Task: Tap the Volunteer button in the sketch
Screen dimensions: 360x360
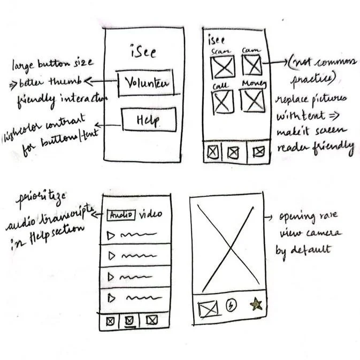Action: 146,83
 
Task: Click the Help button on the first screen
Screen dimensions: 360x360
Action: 149,119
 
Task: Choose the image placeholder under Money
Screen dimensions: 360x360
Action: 252,100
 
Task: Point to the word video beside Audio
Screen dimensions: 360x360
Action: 150,215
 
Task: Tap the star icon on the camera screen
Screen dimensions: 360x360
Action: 256,304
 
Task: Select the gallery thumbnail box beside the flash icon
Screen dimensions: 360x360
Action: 209,309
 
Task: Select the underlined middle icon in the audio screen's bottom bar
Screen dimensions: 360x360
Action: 128,320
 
